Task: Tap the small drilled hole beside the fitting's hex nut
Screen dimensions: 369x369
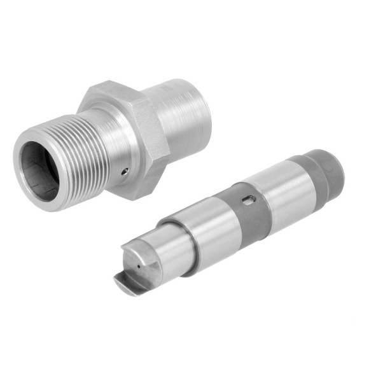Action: [x=125, y=171]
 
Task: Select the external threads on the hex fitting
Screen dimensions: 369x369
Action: [x=83, y=153]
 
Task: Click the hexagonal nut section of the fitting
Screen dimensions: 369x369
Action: [x=140, y=137]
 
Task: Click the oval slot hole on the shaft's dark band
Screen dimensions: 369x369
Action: [x=249, y=200]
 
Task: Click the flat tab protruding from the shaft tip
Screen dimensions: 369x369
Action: [x=127, y=284]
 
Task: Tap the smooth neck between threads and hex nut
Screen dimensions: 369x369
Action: [x=118, y=146]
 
